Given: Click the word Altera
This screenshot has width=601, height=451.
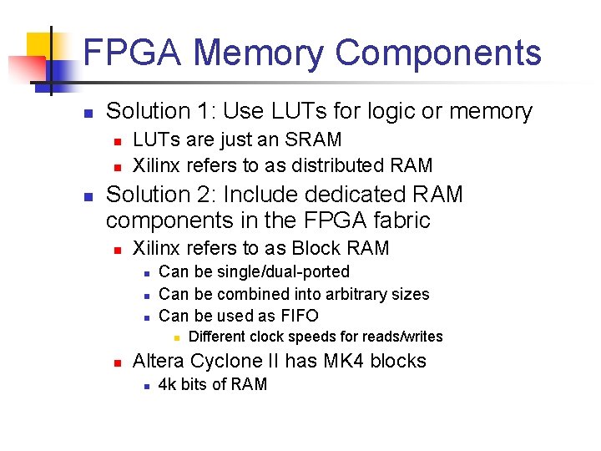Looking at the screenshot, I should (x=159, y=361).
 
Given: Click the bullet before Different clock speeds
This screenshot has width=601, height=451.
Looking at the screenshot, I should (x=176, y=337).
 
